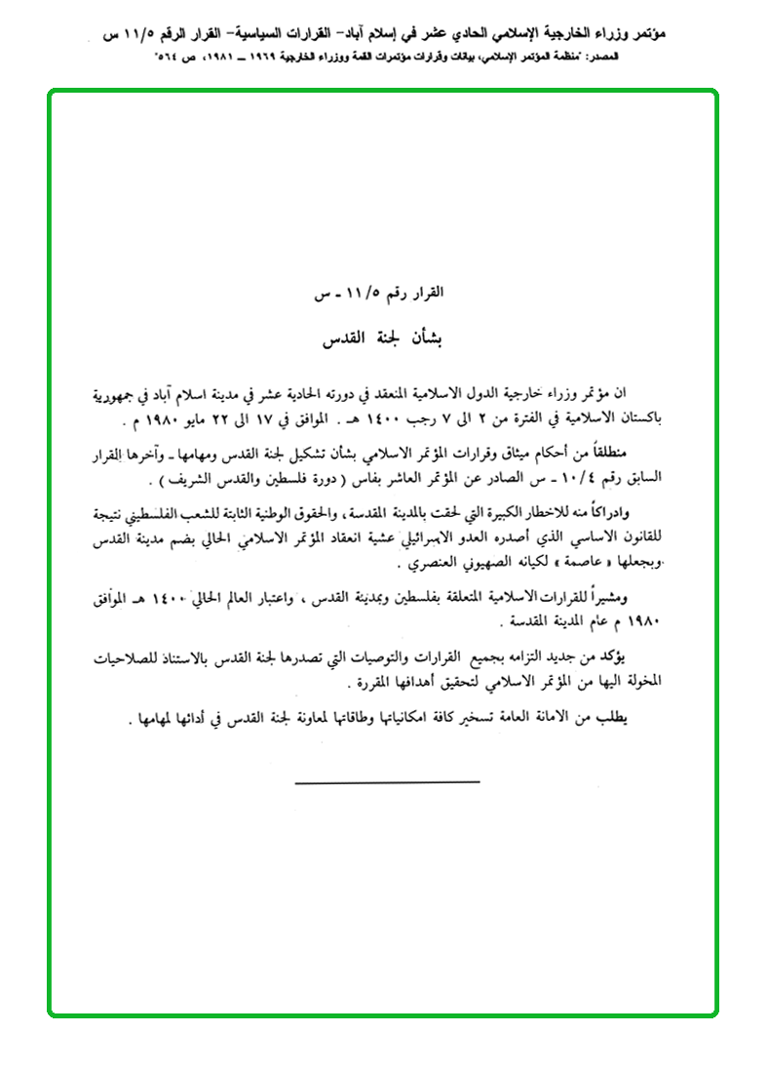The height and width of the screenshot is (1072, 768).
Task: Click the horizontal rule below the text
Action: (x=387, y=781)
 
